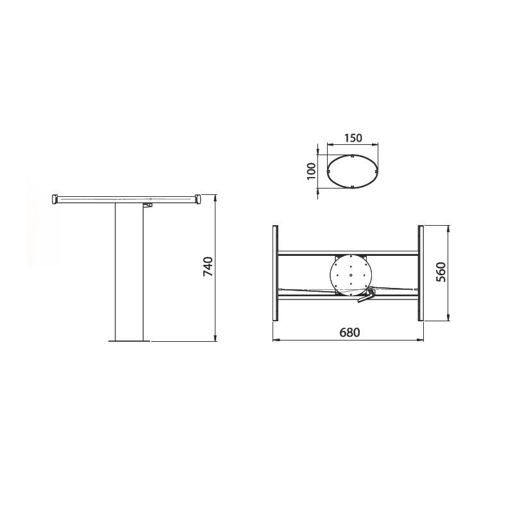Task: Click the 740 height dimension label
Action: pos(207,267)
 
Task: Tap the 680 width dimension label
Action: pos(349,332)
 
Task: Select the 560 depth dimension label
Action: pos(441,273)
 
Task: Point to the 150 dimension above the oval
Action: pos(353,138)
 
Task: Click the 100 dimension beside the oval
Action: pos(311,171)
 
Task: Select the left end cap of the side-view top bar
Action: pos(55,200)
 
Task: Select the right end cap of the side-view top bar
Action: pos(201,200)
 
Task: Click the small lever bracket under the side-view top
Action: pos(147,206)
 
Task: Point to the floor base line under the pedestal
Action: pos(129,342)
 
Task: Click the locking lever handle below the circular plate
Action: pos(365,296)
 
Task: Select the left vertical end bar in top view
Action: pos(275,273)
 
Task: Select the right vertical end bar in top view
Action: pos(421,273)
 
